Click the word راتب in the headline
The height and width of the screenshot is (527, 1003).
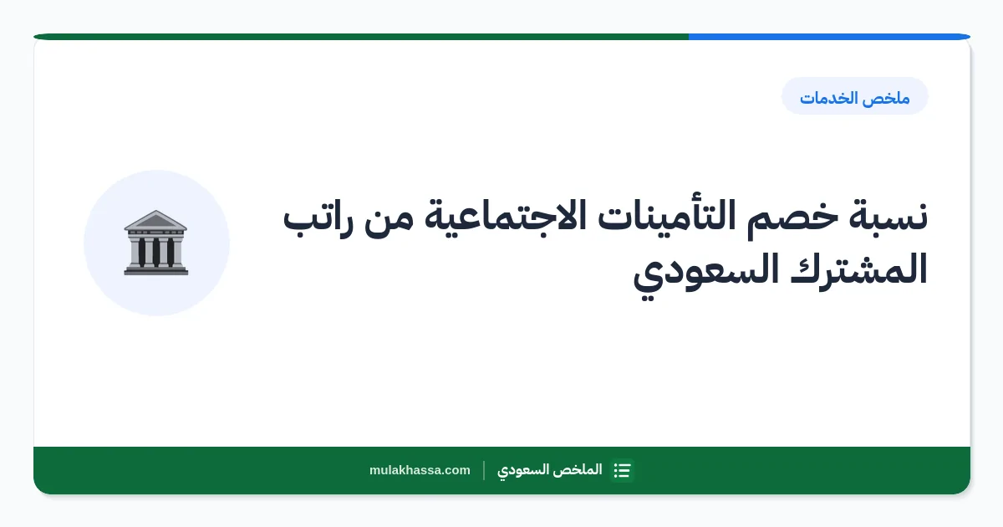(318, 220)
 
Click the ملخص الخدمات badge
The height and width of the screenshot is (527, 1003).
(855, 96)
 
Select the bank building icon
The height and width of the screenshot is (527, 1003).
(156, 243)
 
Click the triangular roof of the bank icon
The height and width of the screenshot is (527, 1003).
(155, 220)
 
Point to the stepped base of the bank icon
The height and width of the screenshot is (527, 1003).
(156, 269)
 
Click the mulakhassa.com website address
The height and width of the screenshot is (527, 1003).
(420, 470)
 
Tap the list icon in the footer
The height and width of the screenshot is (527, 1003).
(623, 470)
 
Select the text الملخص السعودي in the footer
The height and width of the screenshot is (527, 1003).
(549, 470)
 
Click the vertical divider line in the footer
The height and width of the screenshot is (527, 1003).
(484, 470)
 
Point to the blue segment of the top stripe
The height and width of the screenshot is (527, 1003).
(829, 37)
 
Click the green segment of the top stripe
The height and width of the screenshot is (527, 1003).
(361, 37)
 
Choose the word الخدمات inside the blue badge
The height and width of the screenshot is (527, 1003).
(828, 98)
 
